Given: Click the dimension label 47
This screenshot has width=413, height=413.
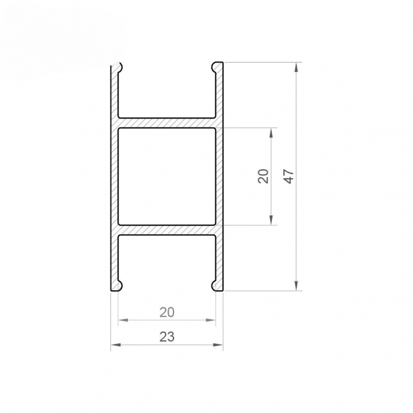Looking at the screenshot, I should click(x=289, y=176).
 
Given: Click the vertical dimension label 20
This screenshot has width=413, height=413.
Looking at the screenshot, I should click(x=264, y=176).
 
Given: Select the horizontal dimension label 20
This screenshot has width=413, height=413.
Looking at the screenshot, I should click(x=167, y=312).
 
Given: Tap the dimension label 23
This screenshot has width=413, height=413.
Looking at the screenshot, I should click(x=167, y=337).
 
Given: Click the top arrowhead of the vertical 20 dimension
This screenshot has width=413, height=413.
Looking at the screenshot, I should click(x=271, y=132).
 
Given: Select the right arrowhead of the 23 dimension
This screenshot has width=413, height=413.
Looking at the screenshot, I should click(x=219, y=345).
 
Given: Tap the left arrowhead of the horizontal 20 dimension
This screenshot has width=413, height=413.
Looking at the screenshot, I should click(x=123, y=320).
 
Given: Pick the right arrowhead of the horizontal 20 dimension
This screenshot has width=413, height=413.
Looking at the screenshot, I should click(x=211, y=320).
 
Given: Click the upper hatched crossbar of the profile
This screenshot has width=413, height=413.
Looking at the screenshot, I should click(x=167, y=123).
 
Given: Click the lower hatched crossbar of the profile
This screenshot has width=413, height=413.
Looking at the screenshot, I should click(x=167, y=230).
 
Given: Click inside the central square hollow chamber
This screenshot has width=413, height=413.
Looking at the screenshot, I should click(x=167, y=176).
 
